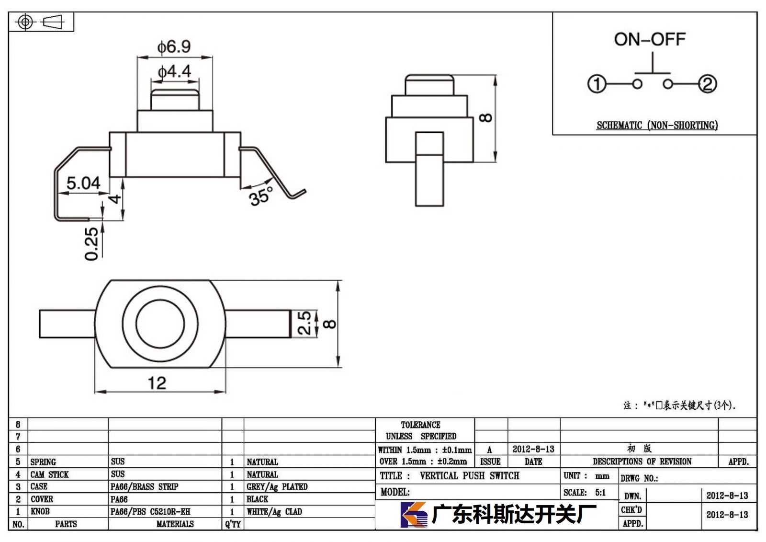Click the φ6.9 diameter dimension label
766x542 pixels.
point(174,46)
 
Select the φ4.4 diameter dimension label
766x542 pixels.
point(174,71)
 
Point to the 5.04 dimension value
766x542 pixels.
point(83,183)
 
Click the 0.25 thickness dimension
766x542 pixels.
point(91,244)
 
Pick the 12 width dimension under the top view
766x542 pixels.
point(157,383)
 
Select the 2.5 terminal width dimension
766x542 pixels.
point(304,323)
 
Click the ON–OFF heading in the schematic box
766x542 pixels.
point(650,39)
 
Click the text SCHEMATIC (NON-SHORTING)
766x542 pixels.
point(657,125)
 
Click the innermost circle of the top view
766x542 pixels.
point(160,324)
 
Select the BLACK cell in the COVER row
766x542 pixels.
point(257,499)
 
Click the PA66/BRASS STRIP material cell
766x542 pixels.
point(144,486)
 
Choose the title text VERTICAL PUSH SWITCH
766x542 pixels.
point(470,475)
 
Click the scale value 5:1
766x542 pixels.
point(600,492)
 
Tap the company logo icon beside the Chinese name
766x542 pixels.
point(414,514)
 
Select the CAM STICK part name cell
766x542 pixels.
point(49,474)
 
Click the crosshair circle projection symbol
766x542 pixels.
point(25,22)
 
